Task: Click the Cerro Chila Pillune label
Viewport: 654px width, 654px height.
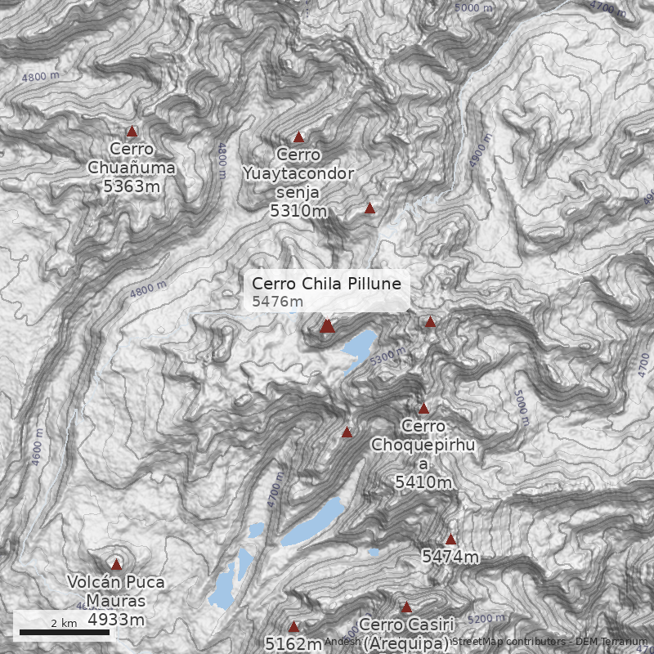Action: coord(327,284)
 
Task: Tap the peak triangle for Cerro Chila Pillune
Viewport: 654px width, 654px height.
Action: coord(327,325)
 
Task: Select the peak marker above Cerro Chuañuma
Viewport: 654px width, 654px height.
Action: coord(132,131)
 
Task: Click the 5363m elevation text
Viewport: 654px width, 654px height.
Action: coord(131,186)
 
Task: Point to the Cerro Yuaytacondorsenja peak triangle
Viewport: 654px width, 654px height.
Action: coord(298,137)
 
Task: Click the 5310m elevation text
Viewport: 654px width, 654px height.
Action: coord(298,211)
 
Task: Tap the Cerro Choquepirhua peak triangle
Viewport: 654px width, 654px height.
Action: coord(423,408)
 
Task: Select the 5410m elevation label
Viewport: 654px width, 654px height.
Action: coord(423,482)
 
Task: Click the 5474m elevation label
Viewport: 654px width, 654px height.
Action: coord(450,557)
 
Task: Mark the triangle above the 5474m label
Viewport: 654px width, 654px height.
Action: coord(450,539)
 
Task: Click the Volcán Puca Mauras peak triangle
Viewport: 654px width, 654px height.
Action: coord(116,564)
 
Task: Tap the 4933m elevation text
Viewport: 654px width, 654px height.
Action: coord(116,620)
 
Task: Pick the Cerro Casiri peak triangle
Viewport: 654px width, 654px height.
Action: coord(406,607)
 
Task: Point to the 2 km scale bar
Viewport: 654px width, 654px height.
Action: coord(59,632)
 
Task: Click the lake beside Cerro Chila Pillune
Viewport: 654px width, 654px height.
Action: coord(360,347)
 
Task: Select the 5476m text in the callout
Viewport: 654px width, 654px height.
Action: coord(277,302)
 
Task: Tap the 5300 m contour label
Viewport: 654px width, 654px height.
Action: coord(387,356)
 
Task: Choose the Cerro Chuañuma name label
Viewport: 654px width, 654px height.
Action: coord(131,159)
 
